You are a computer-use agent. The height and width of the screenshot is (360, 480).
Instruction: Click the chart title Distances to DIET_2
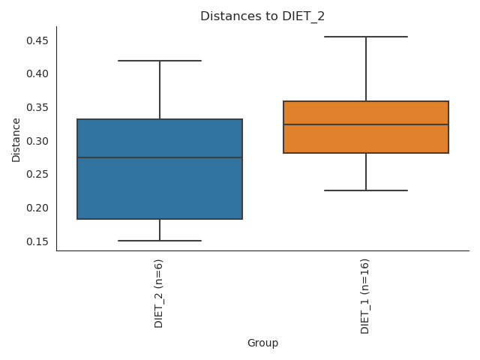coord(262,16)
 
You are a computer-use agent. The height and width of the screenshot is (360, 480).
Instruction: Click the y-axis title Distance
coord(16,139)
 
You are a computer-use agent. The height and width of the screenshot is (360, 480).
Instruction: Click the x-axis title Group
coord(262,343)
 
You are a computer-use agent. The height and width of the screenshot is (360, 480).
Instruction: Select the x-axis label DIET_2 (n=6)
coord(159,292)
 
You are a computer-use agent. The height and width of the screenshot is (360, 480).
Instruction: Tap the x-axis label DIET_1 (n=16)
coord(365,295)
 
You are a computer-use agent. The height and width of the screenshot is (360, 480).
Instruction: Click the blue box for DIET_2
coord(160,180)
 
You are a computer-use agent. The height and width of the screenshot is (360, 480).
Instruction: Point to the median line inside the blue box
coord(160,157)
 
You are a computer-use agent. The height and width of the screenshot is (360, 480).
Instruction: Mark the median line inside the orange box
coord(366,124)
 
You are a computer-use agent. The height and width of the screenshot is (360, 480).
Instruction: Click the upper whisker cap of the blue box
coord(160,61)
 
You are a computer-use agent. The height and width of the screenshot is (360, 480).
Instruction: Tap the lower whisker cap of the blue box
coord(160,241)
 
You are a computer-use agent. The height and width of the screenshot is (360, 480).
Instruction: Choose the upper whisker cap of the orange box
coord(366,37)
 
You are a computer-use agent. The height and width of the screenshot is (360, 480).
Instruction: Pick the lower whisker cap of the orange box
coord(366,190)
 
